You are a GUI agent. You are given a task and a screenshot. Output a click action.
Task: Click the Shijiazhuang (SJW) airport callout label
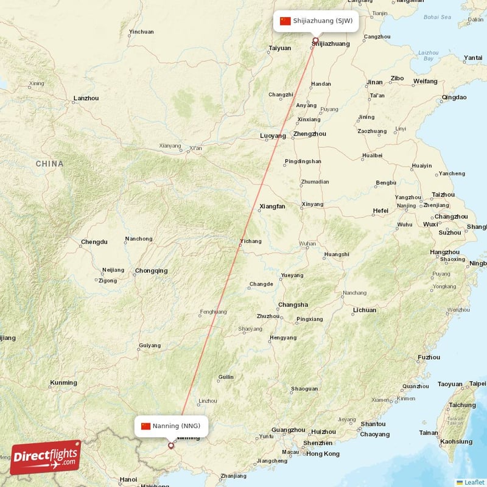316,21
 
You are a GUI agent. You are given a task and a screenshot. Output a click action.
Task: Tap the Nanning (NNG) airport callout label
171,426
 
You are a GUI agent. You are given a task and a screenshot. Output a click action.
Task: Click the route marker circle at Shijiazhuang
315,41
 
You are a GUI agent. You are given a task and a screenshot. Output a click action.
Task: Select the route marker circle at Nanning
171,446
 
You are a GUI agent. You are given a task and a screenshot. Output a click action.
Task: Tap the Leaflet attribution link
474,482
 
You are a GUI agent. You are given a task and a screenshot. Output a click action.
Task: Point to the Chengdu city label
94,242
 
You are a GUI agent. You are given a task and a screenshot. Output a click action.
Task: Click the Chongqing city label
151,271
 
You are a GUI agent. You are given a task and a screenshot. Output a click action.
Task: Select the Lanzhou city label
86,98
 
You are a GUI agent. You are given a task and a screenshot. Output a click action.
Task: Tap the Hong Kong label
323,454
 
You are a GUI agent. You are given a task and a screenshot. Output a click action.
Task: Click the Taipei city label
478,384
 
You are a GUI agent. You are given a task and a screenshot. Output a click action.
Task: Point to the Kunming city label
63,383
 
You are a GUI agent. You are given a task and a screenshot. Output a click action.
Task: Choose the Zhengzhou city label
309,134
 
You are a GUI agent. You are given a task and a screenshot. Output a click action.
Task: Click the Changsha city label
293,305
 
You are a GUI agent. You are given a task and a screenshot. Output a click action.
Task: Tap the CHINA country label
49,164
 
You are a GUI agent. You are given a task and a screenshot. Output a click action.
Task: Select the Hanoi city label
128,479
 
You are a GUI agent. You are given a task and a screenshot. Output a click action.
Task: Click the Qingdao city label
454,97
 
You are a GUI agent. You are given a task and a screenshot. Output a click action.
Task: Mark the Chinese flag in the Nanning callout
145,426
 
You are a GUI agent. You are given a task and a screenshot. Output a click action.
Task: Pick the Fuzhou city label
429,357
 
